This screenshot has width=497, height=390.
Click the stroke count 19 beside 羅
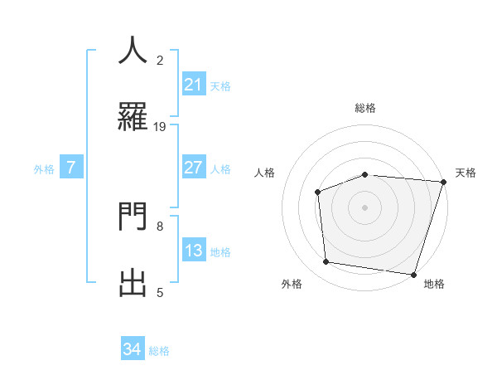pos(160,127)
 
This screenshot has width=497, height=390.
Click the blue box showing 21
pos(193,85)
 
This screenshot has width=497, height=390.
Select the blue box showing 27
pos(193,168)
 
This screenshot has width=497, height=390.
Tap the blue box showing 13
pos(193,251)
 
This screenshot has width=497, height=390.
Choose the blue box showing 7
pos(71,168)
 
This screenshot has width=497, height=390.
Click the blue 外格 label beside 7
pos(44,168)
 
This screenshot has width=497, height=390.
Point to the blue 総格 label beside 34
pos(159,350)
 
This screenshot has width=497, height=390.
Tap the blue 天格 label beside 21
pos(220,85)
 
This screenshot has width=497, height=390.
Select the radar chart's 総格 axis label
pos(364,108)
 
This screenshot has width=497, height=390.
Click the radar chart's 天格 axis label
pos(466,173)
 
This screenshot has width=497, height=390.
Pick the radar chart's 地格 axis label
pos(434,284)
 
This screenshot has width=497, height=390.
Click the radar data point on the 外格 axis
pos(326,262)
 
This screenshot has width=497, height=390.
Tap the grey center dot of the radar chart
pos(364,207)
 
